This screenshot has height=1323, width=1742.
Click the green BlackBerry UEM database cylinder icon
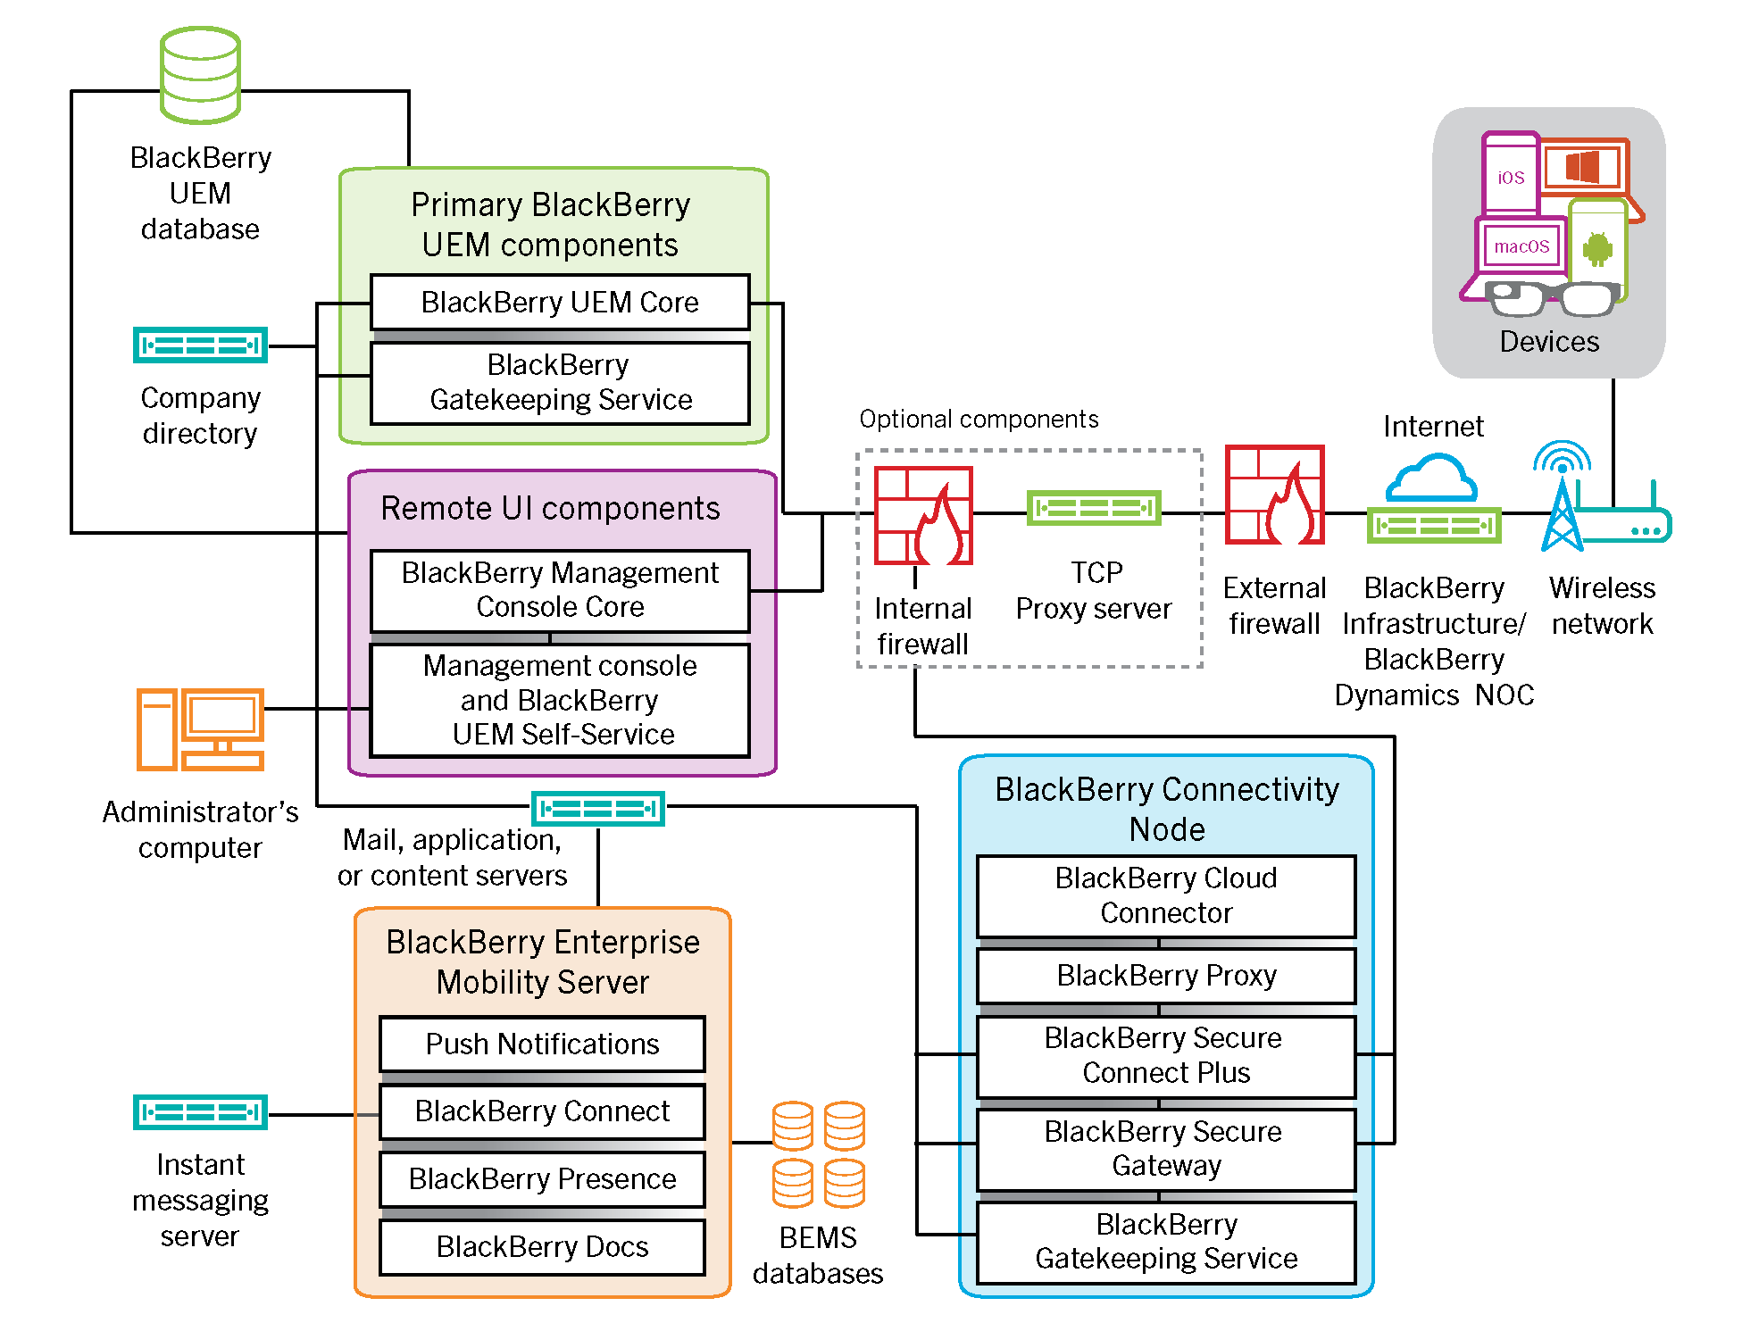(x=200, y=75)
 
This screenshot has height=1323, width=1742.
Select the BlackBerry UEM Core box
(x=560, y=303)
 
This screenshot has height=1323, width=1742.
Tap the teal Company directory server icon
(x=200, y=345)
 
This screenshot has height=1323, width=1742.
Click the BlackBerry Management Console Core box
(x=560, y=590)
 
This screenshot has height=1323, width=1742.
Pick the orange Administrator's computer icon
(x=200, y=728)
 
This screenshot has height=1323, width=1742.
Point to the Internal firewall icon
(x=923, y=516)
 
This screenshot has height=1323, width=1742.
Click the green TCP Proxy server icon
(x=1094, y=508)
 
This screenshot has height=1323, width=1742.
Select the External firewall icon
(x=1274, y=495)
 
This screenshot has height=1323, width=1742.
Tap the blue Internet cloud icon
(x=1431, y=479)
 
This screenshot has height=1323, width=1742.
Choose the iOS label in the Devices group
(x=1511, y=178)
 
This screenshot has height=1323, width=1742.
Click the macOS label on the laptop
(x=1521, y=246)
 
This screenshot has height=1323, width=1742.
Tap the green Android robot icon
(x=1597, y=249)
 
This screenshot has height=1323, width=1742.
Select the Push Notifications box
(x=542, y=1044)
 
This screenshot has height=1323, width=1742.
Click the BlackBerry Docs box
(x=542, y=1246)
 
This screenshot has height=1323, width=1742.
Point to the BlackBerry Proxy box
(x=1166, y=976)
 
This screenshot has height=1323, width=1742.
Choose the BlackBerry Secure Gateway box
(x=1166, y=1149)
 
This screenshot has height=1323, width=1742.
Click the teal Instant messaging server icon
(x=200, y=1112)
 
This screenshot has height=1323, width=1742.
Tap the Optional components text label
(x=979, y=419)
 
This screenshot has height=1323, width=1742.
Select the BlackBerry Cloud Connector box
(x=1166, y=895)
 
